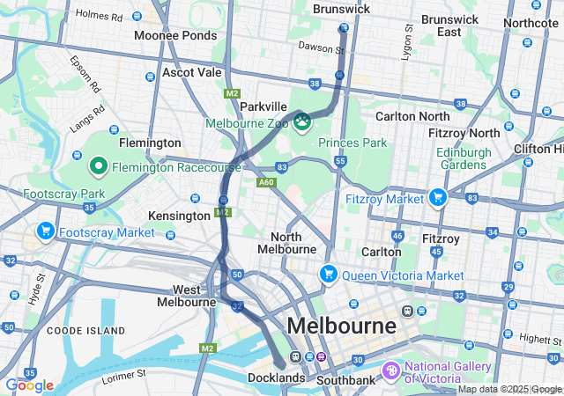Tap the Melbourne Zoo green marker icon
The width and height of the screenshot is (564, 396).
pos(302,120)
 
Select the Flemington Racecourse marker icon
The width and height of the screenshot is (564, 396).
pos(98,165)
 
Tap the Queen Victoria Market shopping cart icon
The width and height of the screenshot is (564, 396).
pos(328,274)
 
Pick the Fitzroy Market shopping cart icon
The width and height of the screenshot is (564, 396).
pos(436,197)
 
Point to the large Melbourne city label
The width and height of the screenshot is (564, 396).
pos(342,326)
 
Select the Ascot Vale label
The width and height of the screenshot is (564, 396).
pos(191,72)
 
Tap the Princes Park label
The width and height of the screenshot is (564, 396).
pos(352,142)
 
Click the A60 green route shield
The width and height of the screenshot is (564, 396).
pos(266,182)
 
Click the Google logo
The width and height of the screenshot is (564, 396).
pos(29,385)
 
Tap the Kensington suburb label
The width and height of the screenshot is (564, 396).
pos(179,216)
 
